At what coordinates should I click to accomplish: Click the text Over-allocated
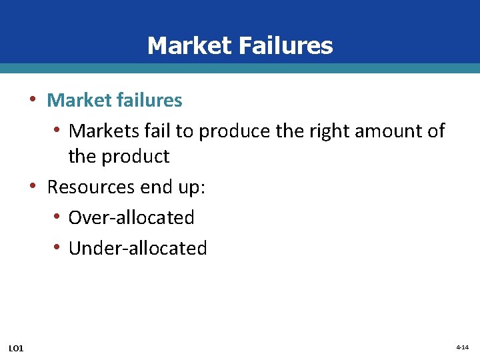point(131,217)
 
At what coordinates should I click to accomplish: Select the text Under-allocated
point(138,248)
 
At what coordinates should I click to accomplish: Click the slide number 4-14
point(463,347)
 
